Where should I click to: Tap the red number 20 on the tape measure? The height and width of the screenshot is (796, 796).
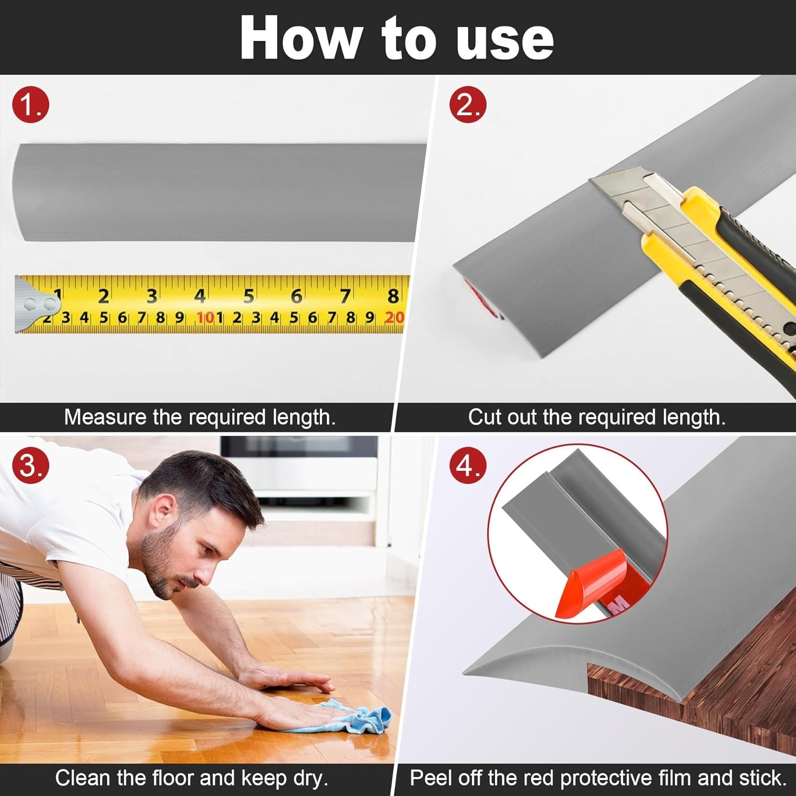click(x=394, y=317)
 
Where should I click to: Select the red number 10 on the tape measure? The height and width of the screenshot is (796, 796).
click(x=205, y=317)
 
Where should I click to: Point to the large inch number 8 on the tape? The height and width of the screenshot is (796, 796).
click(x=393, y=296)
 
